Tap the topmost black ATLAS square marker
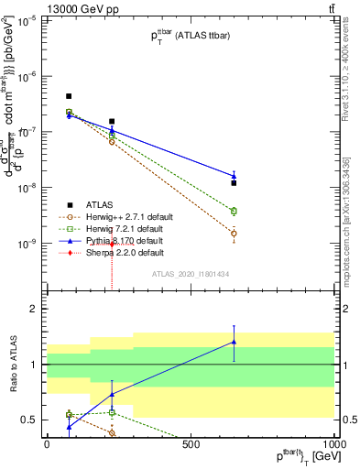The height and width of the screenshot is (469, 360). point(69,96)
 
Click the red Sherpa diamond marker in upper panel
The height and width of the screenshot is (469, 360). point(112,245)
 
